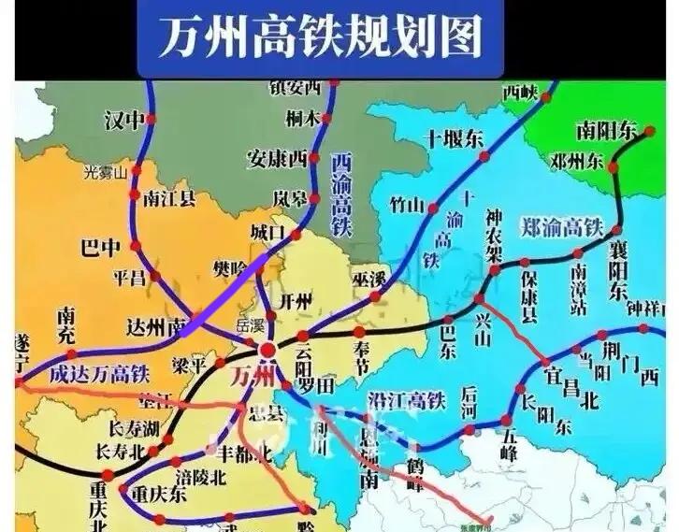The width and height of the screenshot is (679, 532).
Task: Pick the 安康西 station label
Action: [x=278, y=156]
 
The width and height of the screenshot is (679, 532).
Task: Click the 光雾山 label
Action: [x=104, y=171]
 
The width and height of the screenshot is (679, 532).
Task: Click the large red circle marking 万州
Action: [x=267, y=349]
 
